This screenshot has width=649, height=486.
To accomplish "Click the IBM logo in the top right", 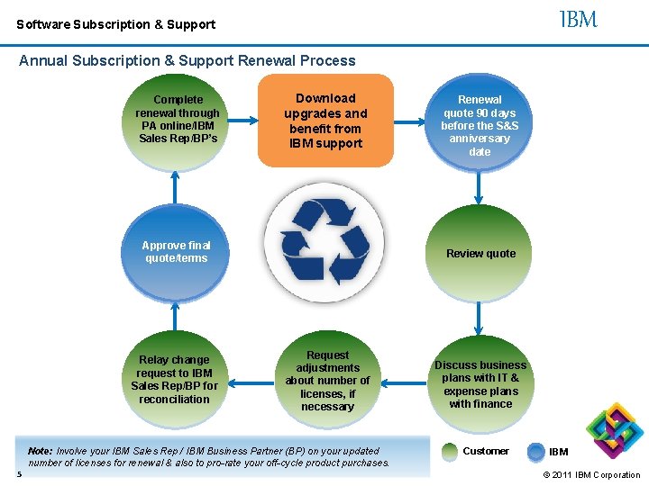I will [x=578, y=19].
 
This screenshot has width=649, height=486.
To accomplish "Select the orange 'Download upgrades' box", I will [x=325, y=121].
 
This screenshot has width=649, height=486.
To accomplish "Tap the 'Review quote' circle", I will [x=480, y=254].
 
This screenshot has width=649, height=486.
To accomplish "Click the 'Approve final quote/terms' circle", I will [x=177, y=253].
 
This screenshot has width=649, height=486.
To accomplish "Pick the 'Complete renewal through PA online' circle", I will [x=178, y=120].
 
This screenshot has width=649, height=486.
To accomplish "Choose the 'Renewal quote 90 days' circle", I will [x=480, y=125].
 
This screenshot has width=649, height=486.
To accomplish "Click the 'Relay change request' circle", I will [x=175, y=380].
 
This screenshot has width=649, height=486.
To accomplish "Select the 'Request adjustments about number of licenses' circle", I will [x=327, y=382].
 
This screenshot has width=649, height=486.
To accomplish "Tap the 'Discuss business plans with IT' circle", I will [x=480, y=384].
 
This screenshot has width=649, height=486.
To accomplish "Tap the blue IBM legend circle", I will [x=536, y=451].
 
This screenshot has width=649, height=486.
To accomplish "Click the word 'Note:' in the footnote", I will [x=41, y=451].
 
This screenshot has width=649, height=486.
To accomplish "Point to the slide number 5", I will [x=18, y=473].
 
